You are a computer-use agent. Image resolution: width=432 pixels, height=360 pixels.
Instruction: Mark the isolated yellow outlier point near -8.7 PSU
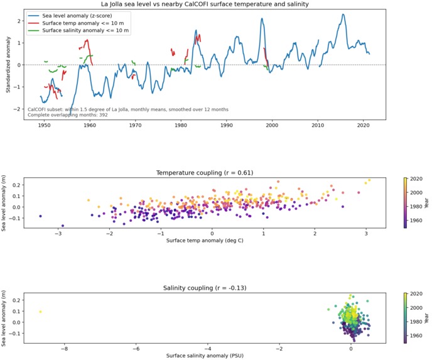pyautogui.click(x=40, y=312)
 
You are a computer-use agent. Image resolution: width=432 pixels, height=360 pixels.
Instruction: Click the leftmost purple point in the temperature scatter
pyautogui.click(x=40, y=216)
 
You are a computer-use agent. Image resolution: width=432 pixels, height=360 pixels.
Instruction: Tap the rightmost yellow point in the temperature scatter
pyautogui.click(x=370, y=180)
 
